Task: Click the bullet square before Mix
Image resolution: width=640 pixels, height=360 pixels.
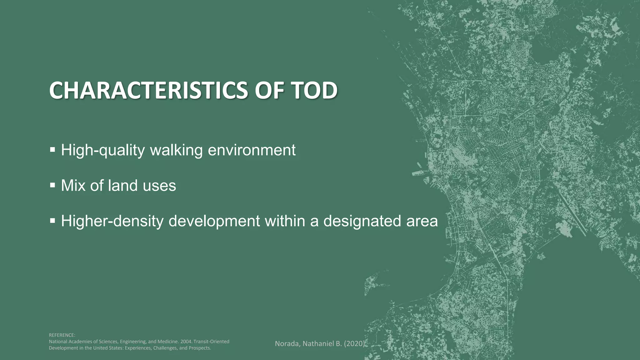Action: click(x=52, y=185)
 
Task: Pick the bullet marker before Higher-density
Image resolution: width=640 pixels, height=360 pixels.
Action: click(x=52, y=221)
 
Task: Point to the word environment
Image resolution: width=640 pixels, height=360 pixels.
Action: click(x=252, y=150)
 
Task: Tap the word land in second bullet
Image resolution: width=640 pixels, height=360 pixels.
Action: click(x=122, y=186)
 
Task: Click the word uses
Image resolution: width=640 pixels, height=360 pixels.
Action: click(x=159, y=186)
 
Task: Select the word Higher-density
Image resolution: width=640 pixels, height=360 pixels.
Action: click(x=112, y=221)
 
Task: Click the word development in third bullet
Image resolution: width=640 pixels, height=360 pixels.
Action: click(x=214, y=221)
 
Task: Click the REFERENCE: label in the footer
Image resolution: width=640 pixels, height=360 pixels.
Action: click(x=62, y=335)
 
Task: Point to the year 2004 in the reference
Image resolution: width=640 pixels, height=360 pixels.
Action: click(x=186, y=342)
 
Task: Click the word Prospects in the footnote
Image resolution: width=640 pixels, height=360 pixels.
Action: click(x=200, y=348)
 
